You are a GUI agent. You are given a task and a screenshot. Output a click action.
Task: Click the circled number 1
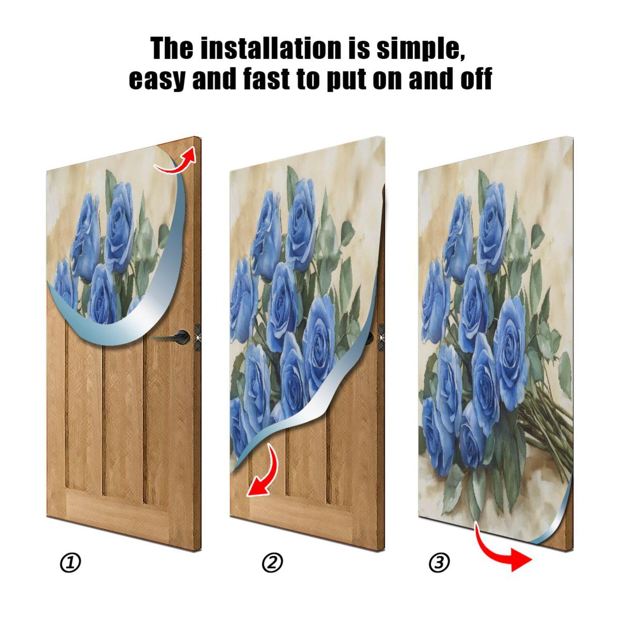coord(70,563)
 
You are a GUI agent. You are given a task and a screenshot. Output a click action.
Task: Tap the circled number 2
coord(272,563)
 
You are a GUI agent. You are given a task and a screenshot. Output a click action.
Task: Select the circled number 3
coord(439,562)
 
